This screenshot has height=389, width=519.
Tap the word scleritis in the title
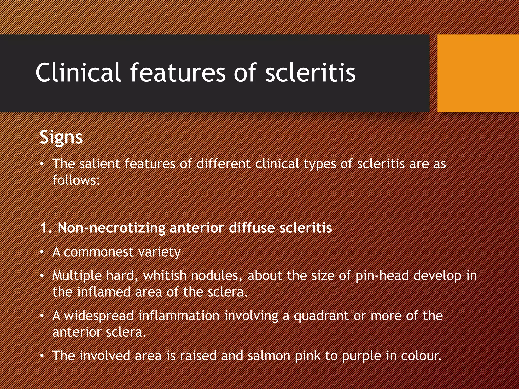pyautogui.click(x=310, y=73)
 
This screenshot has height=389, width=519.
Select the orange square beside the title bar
pyautogui.click(x=478, y=73)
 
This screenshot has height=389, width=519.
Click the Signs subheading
pyautogui.click(x=61, y=138)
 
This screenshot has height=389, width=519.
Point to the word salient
pyautogui.click(x=99, y=164)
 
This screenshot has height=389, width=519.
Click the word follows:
pyautogui.click(x=76, y=180)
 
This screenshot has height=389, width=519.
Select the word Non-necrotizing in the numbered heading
pyautogui.click(x=112, y=228)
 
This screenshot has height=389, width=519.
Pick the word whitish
pyautogui.click(x=165, y=276)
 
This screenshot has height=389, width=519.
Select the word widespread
pyautogui.click(x=99, y=316)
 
